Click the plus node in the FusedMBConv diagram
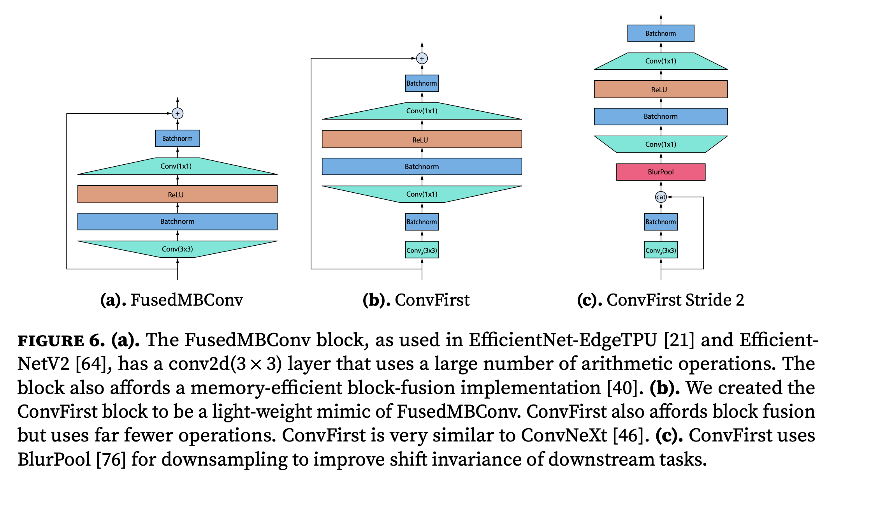178,113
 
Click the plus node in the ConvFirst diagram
422,58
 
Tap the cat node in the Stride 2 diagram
661,197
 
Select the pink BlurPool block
661,172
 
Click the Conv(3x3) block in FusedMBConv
178,249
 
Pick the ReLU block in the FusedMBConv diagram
178,194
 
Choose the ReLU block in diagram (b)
422,139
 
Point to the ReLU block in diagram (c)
661,89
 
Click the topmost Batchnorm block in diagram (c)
661,33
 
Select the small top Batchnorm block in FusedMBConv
178,139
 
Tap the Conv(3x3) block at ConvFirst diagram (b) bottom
422,250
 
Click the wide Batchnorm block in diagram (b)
422,167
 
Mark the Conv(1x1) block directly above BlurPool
661,144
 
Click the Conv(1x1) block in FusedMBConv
178,166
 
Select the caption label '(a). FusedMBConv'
171,300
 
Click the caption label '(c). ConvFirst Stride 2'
660,300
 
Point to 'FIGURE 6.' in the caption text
61,341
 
